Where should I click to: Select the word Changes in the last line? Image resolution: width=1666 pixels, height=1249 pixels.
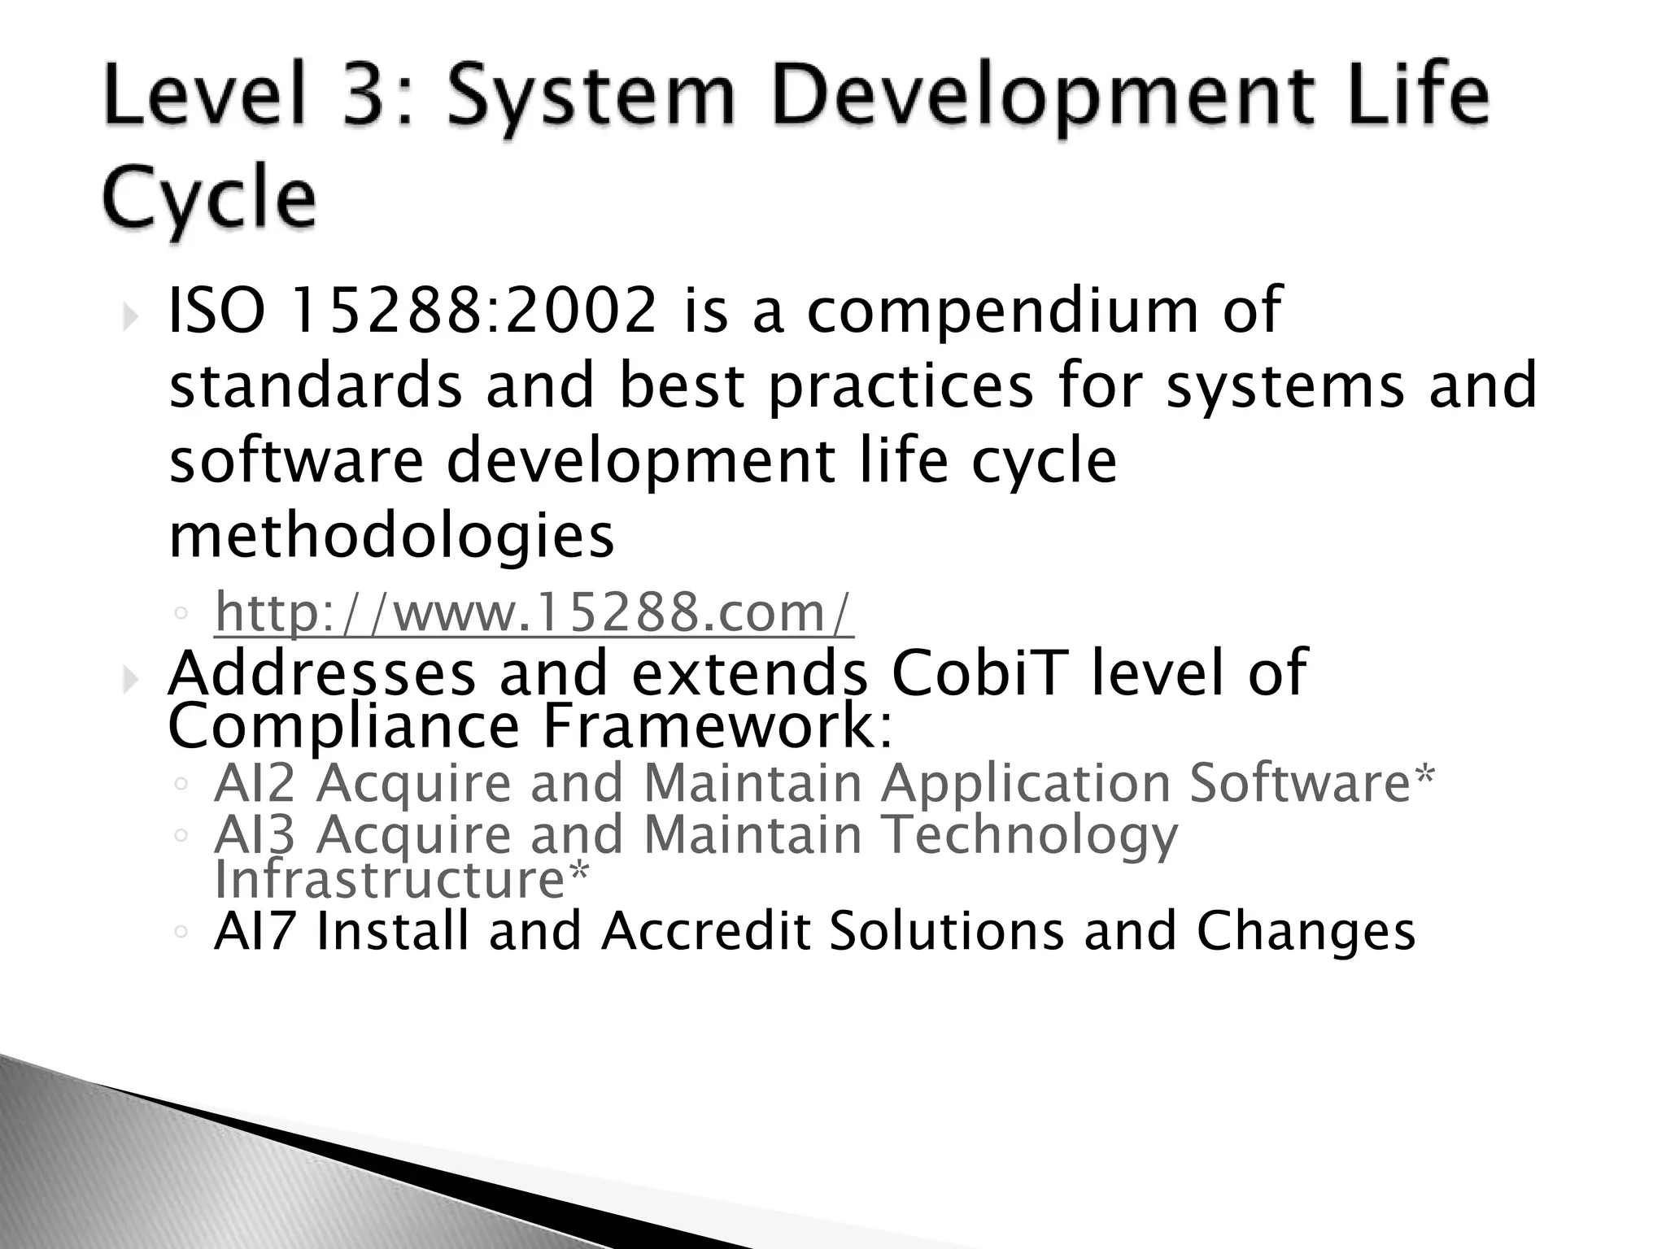[1306, 933]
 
